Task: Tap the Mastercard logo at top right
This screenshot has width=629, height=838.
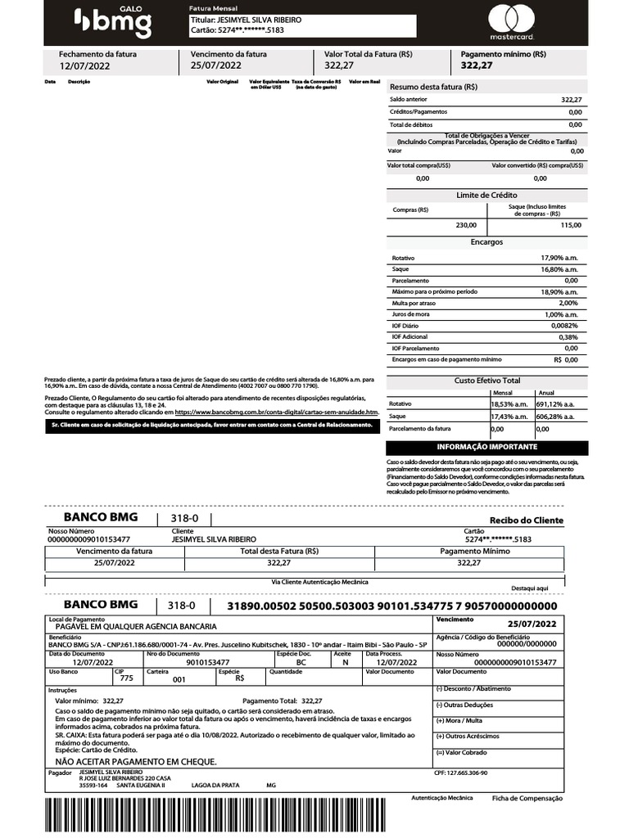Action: (511, 22)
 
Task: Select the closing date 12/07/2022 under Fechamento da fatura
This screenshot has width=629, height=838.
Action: (84, 65)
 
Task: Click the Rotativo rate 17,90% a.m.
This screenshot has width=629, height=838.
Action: (559, 258)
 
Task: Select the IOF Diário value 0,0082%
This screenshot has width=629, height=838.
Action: (561, 326)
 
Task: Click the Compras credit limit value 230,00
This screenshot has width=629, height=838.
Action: (465, 225)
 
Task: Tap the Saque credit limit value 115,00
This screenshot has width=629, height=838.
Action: (571, 225)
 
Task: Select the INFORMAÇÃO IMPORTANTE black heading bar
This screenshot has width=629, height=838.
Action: (486, 448)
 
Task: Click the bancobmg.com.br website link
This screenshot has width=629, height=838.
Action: (276, 412)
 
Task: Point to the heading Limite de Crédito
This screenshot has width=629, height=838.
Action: (486, 195)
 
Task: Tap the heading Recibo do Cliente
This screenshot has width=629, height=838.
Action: (527, 520)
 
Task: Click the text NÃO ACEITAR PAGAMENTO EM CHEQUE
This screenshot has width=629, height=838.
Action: (135, 761)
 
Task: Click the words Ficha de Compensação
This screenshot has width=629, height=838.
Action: (527, 798)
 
